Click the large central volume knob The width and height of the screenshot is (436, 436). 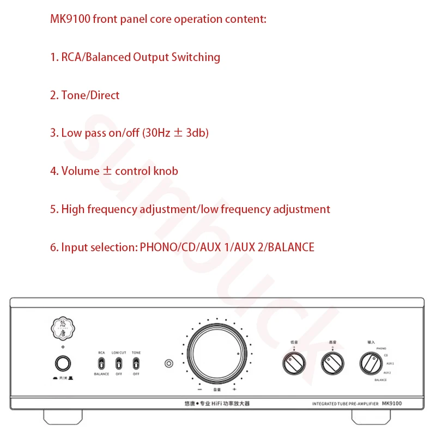[213, 355]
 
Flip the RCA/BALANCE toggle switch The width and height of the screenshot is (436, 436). [101, 364]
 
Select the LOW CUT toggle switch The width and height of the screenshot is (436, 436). [119, 364]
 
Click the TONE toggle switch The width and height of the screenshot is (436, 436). [136, 364]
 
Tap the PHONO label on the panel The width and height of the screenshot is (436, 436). [381, 347]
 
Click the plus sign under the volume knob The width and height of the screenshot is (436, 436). [234, 390]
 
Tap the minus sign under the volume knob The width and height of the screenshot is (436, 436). [199, 390]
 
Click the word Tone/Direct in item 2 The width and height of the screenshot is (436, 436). [90, 95]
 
